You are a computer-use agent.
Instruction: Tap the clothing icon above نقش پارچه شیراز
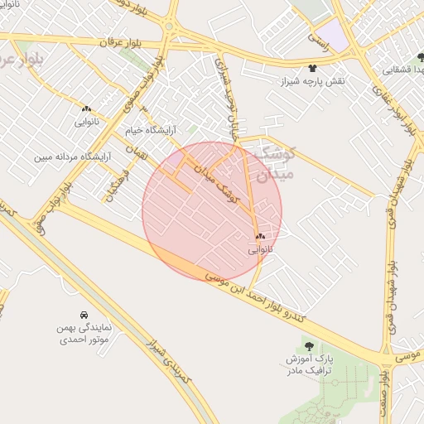312,69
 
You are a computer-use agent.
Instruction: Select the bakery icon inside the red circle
260,236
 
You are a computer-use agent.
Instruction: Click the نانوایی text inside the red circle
259,249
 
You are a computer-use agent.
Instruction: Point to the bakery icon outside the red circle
86,108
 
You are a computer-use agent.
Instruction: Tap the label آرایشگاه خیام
152,131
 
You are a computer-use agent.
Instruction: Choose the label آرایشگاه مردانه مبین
70,157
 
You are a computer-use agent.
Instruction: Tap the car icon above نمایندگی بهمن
84,316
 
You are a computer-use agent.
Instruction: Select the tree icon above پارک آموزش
309,346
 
